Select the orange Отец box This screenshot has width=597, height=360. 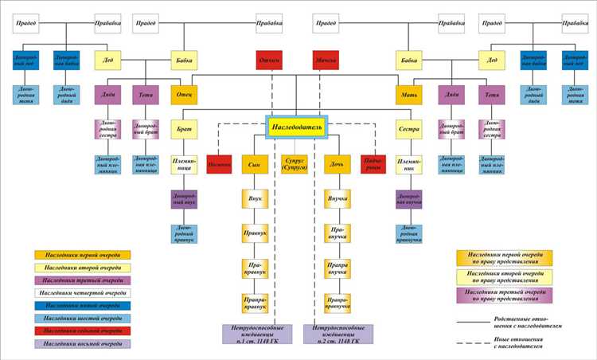tap(184, 94)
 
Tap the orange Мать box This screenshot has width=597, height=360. tap(408, 94)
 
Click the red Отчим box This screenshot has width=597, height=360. tap(267, 61)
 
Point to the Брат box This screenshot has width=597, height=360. tap(184, 129)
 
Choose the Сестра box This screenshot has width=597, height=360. tap(408, 129)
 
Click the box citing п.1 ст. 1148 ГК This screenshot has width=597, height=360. tap(254, 332)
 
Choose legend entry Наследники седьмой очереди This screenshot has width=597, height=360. tap(83, 331)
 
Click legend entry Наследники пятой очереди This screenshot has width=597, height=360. tap(83, 305)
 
